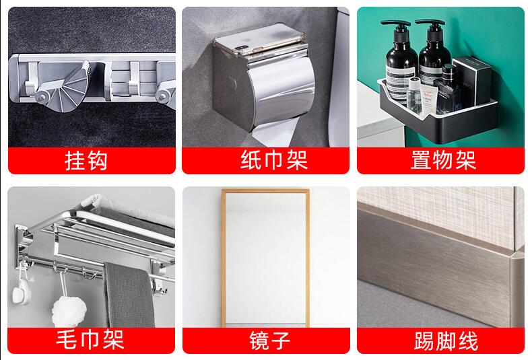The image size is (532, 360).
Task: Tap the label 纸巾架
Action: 265,160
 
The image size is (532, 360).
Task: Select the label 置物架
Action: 442,160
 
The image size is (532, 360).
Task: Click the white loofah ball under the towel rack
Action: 67,311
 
